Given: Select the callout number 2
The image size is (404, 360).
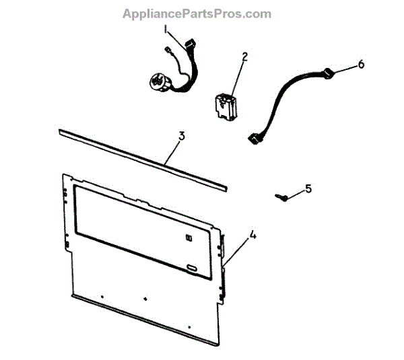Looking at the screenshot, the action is coord(245,57).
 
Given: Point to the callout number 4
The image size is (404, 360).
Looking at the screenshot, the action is coord(252,236).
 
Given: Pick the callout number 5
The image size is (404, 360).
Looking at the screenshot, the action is coord(308,189).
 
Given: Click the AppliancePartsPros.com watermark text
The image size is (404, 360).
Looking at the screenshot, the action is coord(197,13).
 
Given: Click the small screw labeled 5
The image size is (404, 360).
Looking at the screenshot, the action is coord(282,196).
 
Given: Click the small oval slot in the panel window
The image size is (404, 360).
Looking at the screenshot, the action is coord(193,268).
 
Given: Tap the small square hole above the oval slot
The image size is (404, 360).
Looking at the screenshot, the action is coord(189,237).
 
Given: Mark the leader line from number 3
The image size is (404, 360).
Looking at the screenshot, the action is coord(172,149).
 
